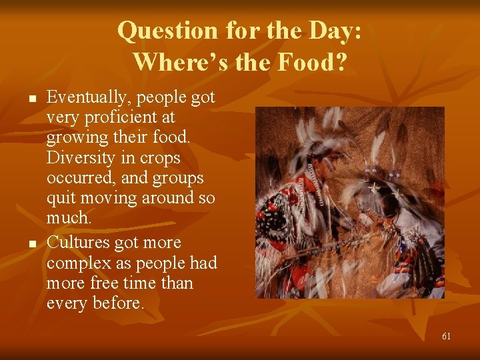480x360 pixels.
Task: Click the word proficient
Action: tap(114, 118)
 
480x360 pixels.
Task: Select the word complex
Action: tap(79, 263)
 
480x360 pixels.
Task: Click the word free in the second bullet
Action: tap(106, 283)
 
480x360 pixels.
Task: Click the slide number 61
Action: tap(446, 336)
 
